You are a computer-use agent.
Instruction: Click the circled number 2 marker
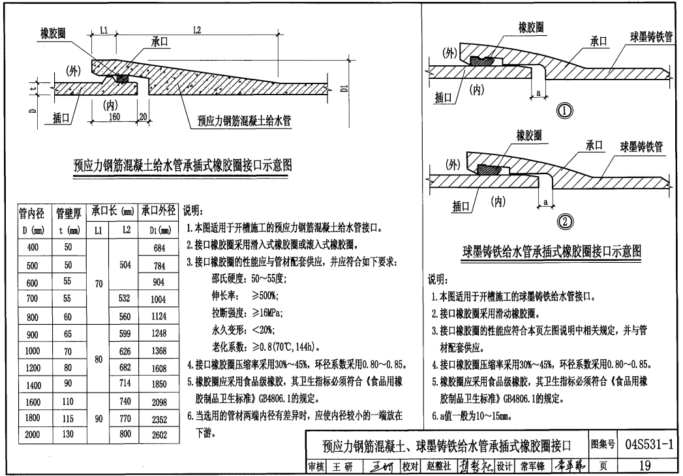pos(564,222)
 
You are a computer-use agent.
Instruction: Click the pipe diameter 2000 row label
pos(33,434)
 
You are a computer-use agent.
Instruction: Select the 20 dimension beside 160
pos(144,117)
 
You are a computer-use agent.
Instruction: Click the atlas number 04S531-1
pos(648,445)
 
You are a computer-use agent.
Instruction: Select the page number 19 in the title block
pos(645,466)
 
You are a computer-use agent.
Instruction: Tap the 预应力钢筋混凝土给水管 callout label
pos(245,120)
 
